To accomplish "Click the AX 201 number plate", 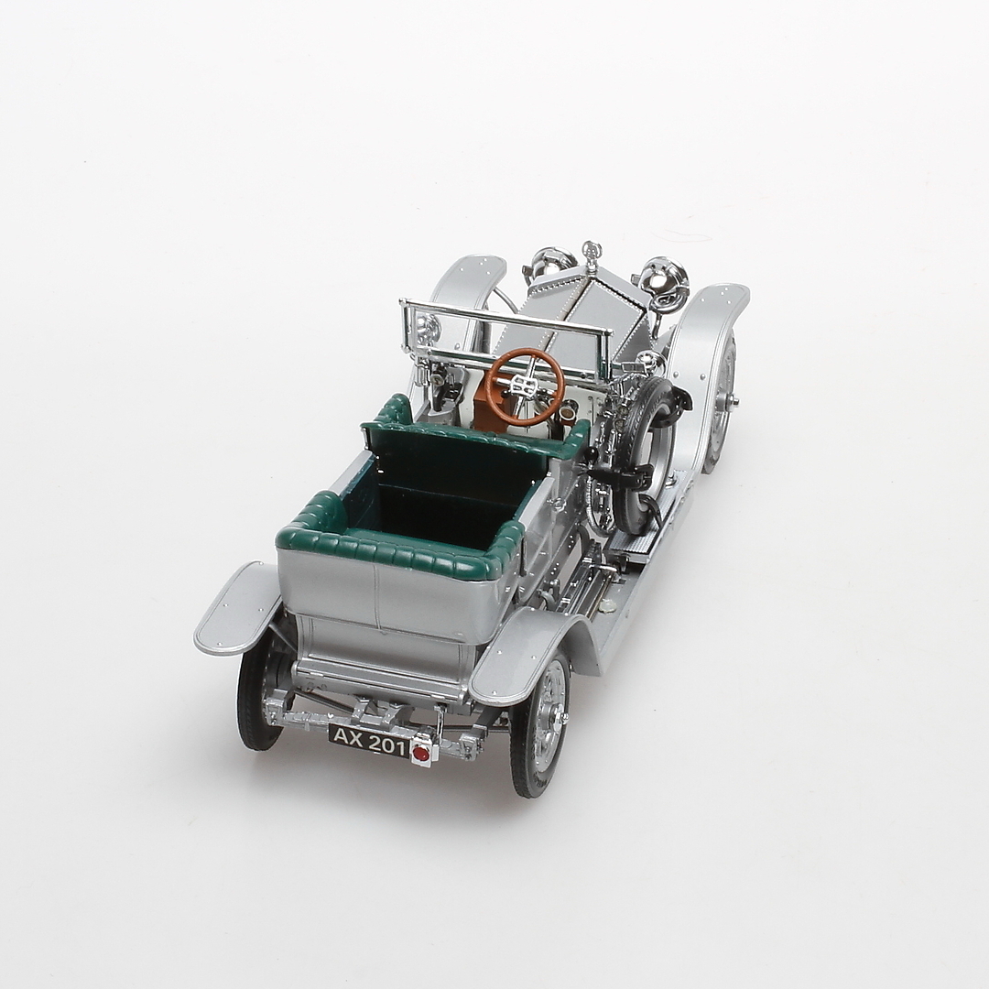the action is coord(368,740).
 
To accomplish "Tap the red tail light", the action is coord(419,753).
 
